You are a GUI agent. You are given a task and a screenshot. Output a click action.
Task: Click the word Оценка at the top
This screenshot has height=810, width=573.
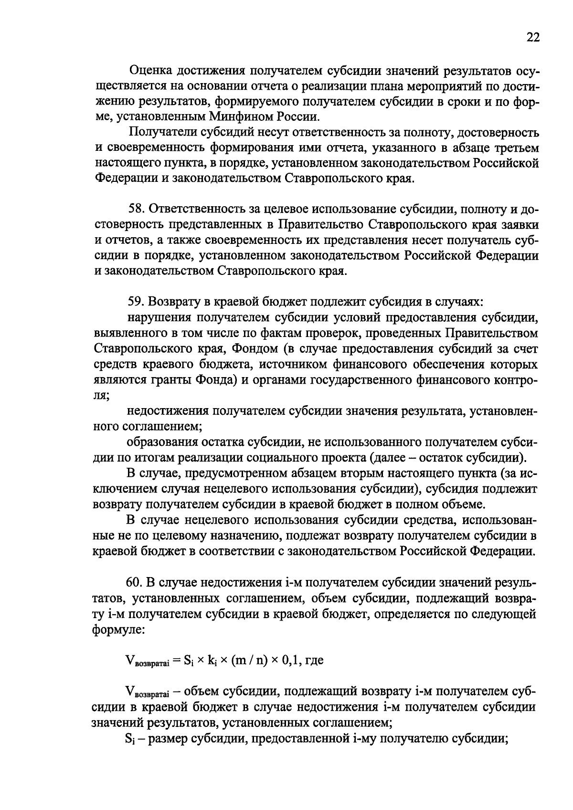[151, 71]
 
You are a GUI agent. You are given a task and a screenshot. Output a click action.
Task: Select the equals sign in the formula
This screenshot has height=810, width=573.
[175, 661]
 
